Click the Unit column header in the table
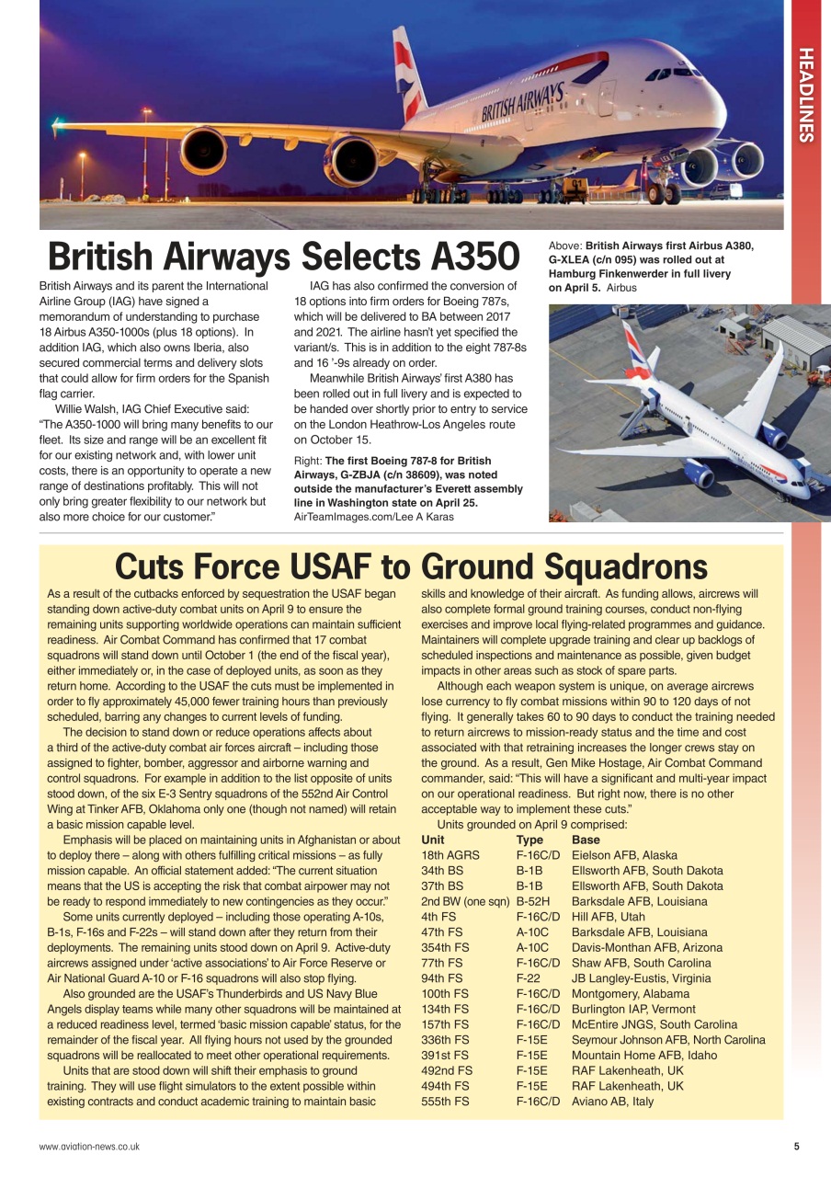[x=433, y=840]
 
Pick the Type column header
[x=529, y=840]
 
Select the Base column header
[x=586, y=840]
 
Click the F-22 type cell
[x=528, y=978]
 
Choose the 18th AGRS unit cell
[x=450, y=855]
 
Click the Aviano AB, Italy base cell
[x=612, y=1101]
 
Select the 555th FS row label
[x=445, y=1101]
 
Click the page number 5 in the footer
[x=797, y=1146]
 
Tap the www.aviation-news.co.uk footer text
[x=89, y=1146]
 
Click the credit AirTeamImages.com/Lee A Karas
[x=374, y=517]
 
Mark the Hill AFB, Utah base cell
[x=608, y=917]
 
